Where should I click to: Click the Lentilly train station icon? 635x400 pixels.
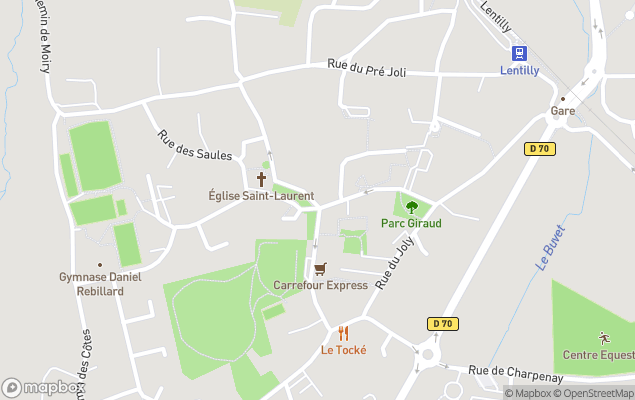[519, 53]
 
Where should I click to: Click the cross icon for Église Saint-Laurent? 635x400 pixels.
[262, 179]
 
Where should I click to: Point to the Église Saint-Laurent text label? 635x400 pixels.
[261, 196]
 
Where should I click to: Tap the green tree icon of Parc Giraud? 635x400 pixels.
[411, 207]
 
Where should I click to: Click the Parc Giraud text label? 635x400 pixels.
[411, 223]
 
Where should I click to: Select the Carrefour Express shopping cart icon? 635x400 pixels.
[320, 269]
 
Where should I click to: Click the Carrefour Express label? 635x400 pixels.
[321, 285]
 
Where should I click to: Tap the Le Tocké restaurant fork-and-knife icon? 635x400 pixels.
[343, 333]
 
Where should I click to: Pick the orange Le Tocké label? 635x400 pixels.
[343, 350]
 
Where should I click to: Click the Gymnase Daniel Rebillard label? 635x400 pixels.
[99, 284]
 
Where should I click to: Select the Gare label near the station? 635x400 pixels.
[562, 111]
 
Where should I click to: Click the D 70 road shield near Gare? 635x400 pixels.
[540, 149]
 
